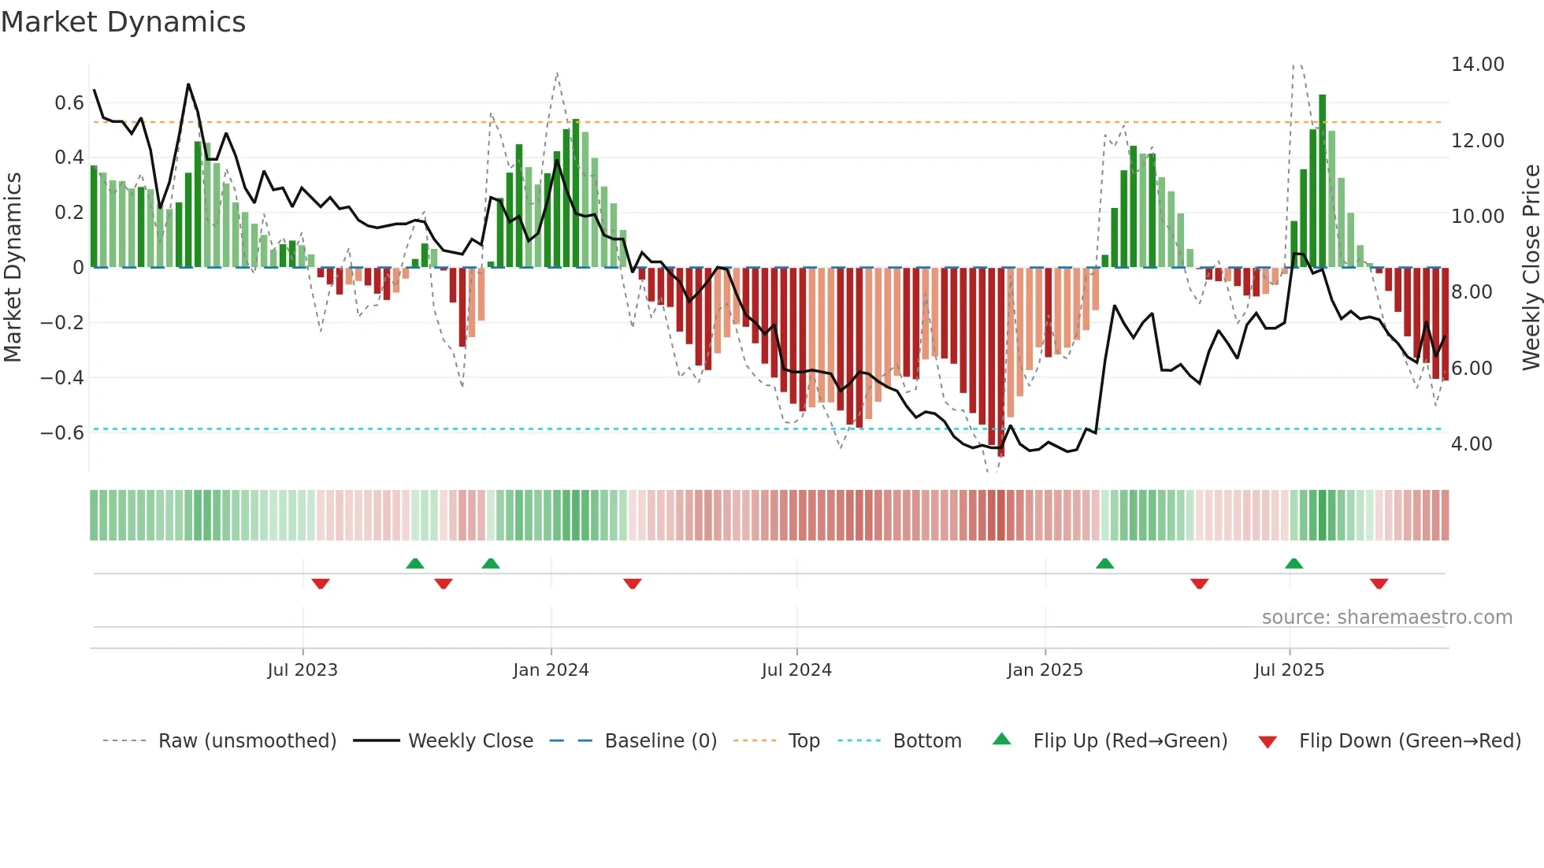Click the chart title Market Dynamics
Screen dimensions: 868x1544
coord(123,22)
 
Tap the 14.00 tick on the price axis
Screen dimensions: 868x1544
coord(1477,65)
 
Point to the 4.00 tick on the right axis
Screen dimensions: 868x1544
coord(1472,444)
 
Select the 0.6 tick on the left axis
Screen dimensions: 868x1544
coord(69,103)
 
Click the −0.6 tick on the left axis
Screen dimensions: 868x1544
coord(62,433)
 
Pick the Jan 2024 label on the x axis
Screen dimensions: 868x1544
coord(551,670)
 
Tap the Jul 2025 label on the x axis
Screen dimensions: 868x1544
coord(1289,670)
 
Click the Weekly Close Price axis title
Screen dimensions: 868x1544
coord(1531,268)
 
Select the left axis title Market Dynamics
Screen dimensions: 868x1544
coord(13,268)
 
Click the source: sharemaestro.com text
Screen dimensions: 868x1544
coord(1386,618)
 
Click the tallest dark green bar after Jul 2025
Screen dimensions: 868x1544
coord(1323,181)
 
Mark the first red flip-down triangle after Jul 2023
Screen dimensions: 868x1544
coord(321,583)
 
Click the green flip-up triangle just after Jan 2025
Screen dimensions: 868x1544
coord(1104,564)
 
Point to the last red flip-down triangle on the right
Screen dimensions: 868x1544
coord(1379,583)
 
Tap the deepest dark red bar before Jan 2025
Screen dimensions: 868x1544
coord(1001,362)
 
